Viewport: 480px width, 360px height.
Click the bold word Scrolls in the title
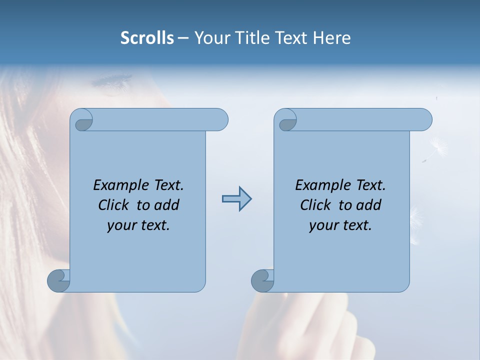[147, 38]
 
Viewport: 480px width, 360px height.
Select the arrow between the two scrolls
[236, 199]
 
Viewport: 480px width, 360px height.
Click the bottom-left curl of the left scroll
[58, 281]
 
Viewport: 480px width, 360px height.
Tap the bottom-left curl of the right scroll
[262, 281]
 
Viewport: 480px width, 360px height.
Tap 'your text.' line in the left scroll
[138, 225]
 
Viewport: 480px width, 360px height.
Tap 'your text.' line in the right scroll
[340, 225]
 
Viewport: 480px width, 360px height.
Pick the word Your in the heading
[210, 38]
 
